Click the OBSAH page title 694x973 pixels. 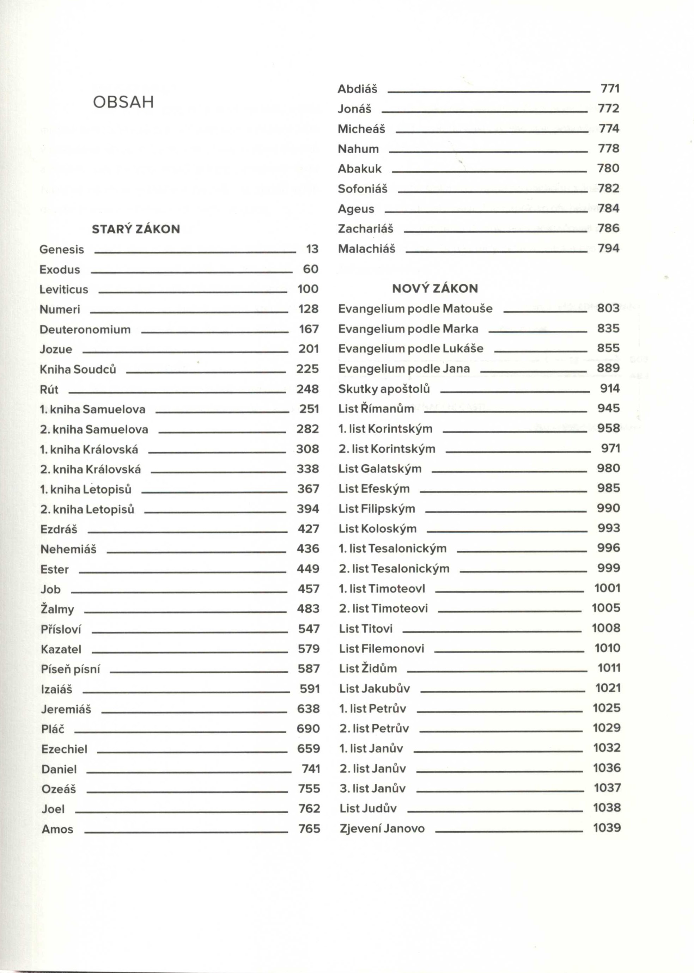(x=123, y=103)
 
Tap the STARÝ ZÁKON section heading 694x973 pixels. (x=136, y=230)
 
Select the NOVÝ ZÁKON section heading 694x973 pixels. (x=435, y=289)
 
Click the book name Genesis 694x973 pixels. (x=62, y=250)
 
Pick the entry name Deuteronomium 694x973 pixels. (x=85, y=330)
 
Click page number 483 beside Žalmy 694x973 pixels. (x=308, y=609)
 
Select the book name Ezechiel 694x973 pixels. (x=64, y=749)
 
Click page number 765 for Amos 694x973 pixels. (x=309, y=828)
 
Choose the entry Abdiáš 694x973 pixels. (x=357, y=89)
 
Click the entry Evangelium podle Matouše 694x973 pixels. (x=415, y=309)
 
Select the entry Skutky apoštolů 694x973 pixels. (x=384, y=389)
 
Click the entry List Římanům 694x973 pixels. (x=376, y=409)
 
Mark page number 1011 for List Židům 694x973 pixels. (x=609, y=668)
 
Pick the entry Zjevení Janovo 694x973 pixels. (x=382, y=828)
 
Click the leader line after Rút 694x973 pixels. (x=177, y=392)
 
